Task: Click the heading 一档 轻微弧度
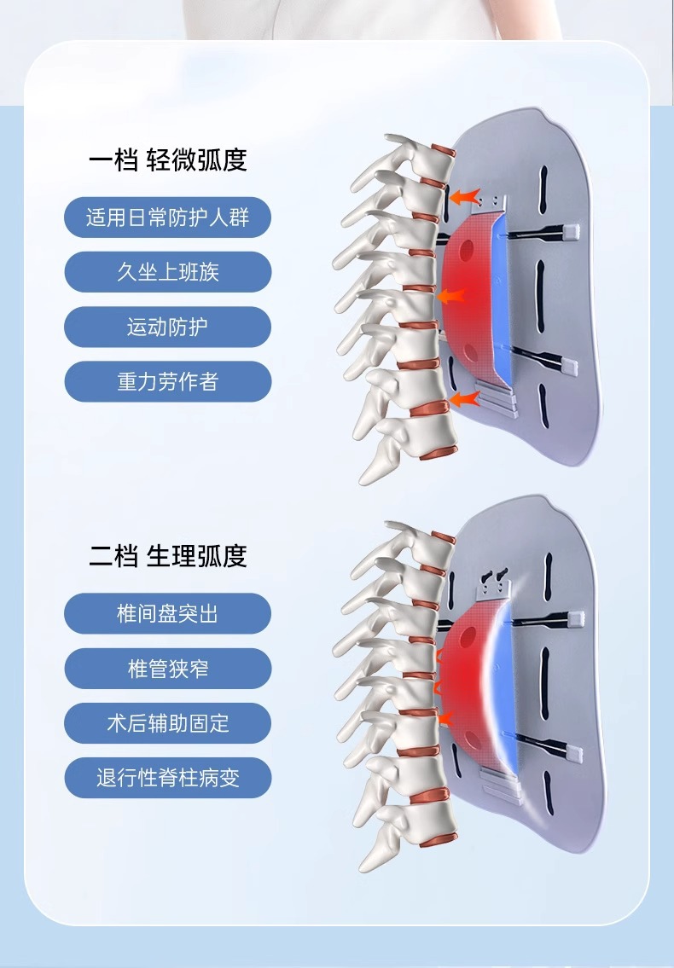pyautogui.click(x=167, y=159)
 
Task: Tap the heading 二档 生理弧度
pyautogui.click(x=167, y=555)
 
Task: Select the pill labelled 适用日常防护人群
pyautogui.click(x=167, y=217)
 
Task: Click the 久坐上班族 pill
pyautogui.click(x=167, y=272)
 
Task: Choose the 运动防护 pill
pyautogui.click(x=167, y=327)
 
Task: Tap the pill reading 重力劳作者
pyautogui.click(x=167, y=381)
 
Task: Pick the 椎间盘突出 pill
pyautogui.click(x=167, y=613)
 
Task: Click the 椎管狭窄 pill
pyautogui.click(x=167, y=669)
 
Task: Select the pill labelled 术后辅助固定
pyautogui.click(x=167, y=723)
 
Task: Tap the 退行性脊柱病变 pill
pyautogui.click(x=167, y=778)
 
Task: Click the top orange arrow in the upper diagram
pyautogui.click(x=463, y=197)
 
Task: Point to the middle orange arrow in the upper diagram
pyautogui.click(x=450, y=297)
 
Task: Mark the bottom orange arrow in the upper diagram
pyautogui.click(x=462, y=398)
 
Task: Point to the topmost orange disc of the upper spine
pyautogui.click(x=443, y=151)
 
